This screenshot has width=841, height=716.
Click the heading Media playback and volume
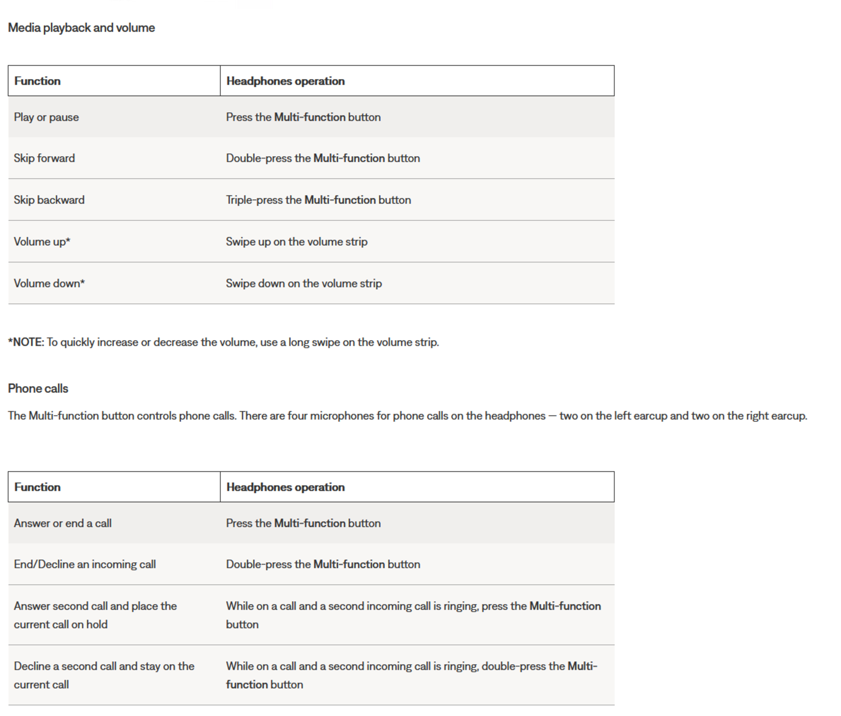coord(81,28)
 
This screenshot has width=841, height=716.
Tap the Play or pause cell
coord(46,117)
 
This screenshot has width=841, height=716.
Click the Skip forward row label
coord(44,158)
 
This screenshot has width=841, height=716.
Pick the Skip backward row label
coord(49,200)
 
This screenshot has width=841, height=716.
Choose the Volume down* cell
coord(49,283)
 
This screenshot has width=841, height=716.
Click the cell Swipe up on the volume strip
coord(297,242)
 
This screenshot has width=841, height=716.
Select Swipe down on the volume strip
coord(304,283)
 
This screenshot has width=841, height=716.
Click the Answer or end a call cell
coord(62,523)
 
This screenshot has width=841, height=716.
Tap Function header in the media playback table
coord(37,81)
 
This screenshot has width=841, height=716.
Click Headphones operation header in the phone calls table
coord(285,487)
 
